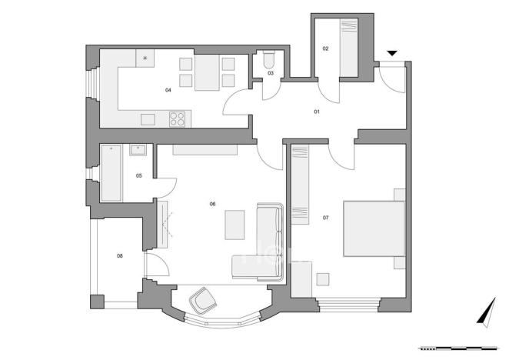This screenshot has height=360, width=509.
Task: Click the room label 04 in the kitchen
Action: point(168,90)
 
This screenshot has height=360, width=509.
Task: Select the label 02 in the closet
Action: point(325,48)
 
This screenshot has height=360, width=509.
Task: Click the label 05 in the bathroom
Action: point(139,176)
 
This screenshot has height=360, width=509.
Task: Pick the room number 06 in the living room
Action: point(212,204)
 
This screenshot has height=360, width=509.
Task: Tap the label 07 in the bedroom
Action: point(326,218)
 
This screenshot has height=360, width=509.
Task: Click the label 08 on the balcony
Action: point(120,256)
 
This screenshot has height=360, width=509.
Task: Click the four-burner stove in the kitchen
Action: point(178,118)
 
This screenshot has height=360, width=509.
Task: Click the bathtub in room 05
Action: point(111,174)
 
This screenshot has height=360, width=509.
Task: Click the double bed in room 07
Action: point(373,228)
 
